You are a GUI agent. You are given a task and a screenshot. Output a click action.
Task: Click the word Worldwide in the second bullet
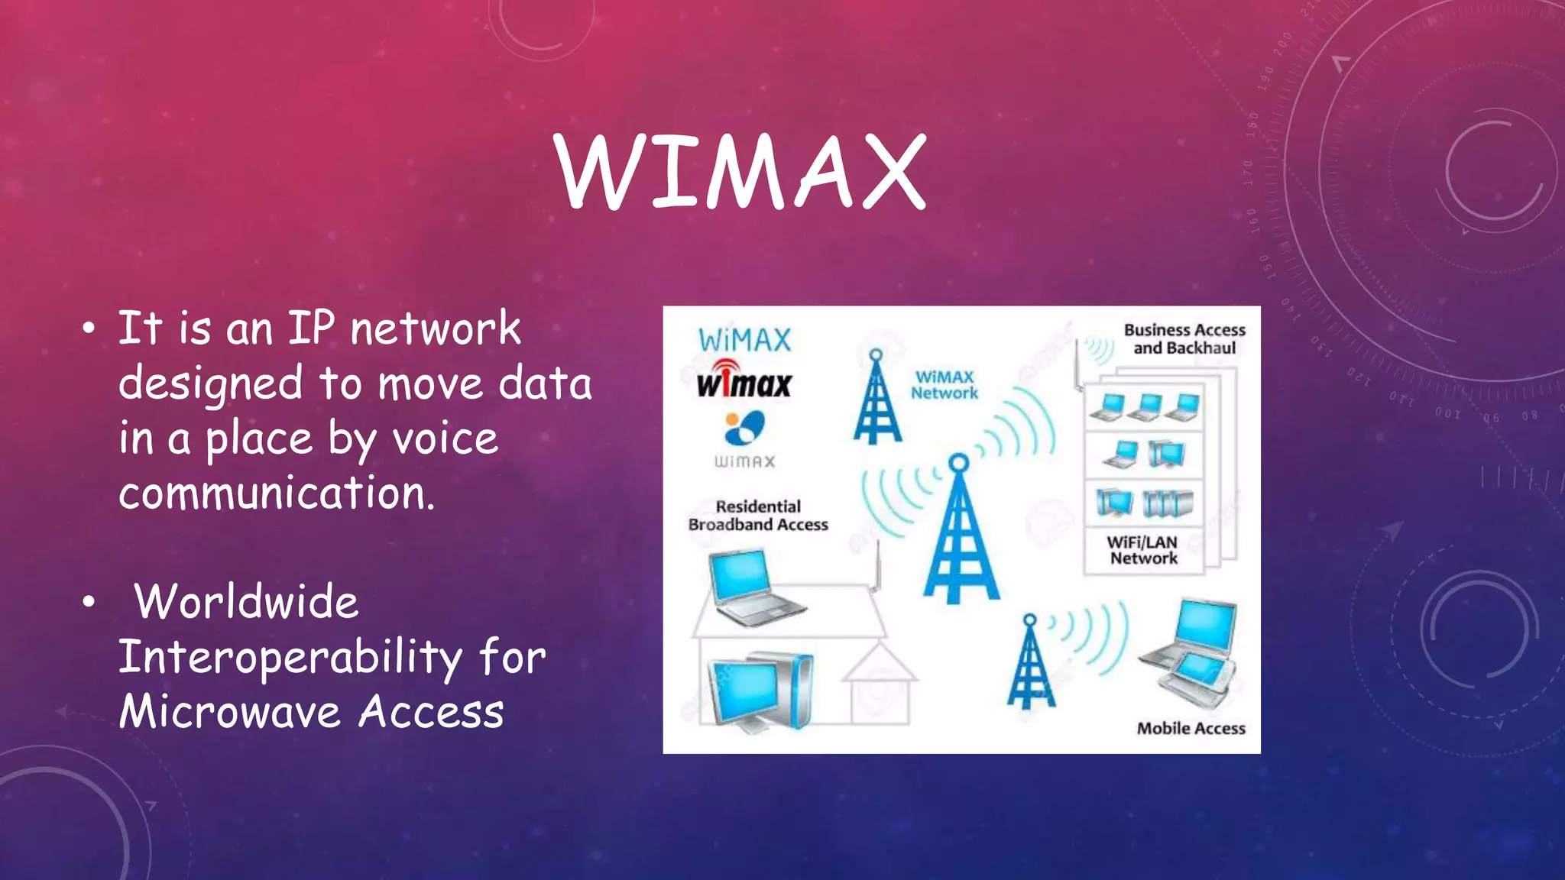(x=246, y=602)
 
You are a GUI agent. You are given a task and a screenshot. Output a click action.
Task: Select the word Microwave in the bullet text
(x=229, y=712)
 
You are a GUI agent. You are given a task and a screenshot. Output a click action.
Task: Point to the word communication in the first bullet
(x=277, y=493)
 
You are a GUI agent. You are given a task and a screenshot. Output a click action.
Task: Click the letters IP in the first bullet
(x=311, y=328)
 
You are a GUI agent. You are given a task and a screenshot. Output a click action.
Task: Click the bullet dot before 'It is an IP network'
(x=89, y=329)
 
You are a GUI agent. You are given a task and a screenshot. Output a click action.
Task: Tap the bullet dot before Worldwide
(x=89, y=603)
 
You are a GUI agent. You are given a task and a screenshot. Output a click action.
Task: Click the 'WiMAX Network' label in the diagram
(x=944, y=385)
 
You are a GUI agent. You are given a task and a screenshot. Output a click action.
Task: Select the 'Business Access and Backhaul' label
(x=1184, y=339)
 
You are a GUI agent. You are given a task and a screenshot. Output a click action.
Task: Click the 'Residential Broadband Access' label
(x=758, y=516)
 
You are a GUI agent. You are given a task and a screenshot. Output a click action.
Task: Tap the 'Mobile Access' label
(x=1191, y=729)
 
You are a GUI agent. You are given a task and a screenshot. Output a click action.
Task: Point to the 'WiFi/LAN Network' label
(x=1143, y=550)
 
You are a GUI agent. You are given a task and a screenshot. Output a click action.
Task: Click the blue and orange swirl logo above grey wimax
(x=744, y=428)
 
